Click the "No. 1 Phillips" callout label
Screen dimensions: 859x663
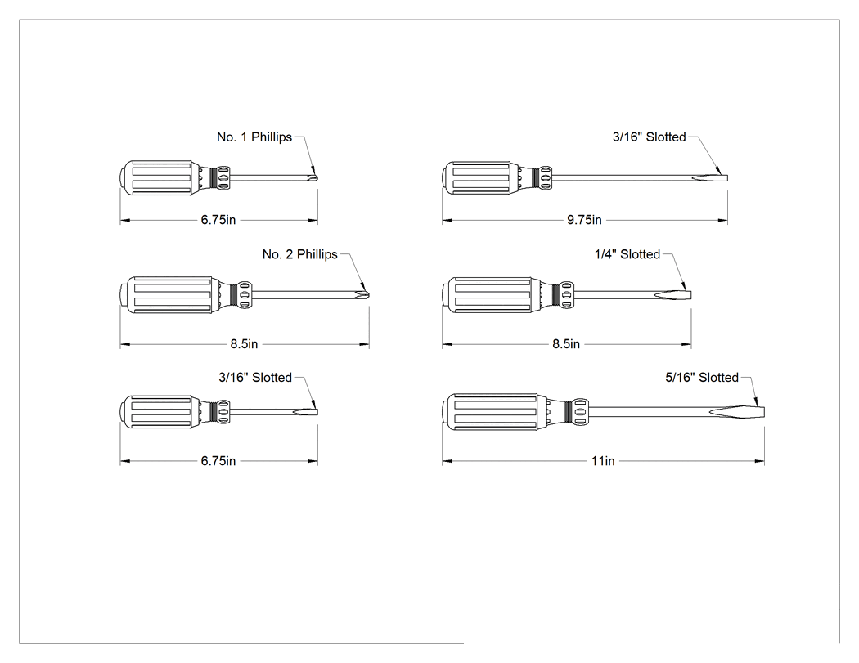(254, 137)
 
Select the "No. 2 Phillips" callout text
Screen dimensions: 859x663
(299, 254)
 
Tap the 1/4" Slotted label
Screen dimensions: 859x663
(627, 254)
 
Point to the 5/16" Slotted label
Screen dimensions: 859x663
(702, 378)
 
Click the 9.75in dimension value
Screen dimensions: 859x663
(584, 220)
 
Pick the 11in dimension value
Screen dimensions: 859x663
(603, 462)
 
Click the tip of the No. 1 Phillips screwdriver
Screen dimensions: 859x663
(317, 178)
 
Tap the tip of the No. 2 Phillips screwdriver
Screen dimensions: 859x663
(368, 295)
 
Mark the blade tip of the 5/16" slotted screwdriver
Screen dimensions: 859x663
(763, 412)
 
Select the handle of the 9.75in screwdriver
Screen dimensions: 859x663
(478, 178)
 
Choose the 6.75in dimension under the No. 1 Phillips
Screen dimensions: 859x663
(218, 220)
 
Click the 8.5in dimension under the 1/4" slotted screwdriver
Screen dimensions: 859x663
(566, 344)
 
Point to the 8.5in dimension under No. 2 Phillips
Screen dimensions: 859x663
(244, 344)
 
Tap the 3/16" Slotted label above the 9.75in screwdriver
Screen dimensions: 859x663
(650, 137)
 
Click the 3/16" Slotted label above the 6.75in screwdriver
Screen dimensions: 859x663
(254, 378)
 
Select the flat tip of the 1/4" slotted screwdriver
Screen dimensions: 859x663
(690, 295)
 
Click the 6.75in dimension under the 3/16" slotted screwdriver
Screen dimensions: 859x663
(218, 462)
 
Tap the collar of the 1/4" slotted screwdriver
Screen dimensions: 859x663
(566, 295)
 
